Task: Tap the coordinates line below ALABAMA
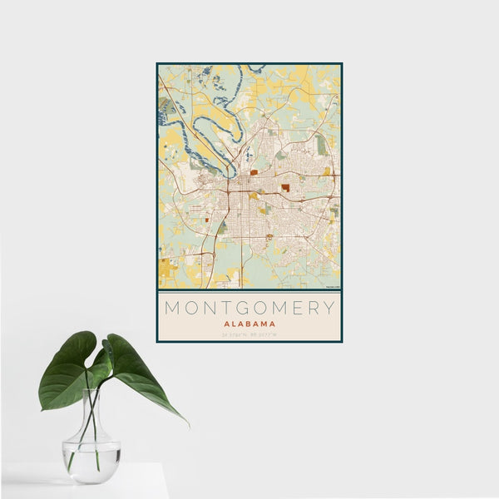click(249, 335)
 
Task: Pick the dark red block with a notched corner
click(285, 188)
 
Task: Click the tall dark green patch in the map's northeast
click(321, 145)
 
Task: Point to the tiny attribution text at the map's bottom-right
click(332, 287)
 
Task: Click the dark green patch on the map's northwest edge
click(165, 106)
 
